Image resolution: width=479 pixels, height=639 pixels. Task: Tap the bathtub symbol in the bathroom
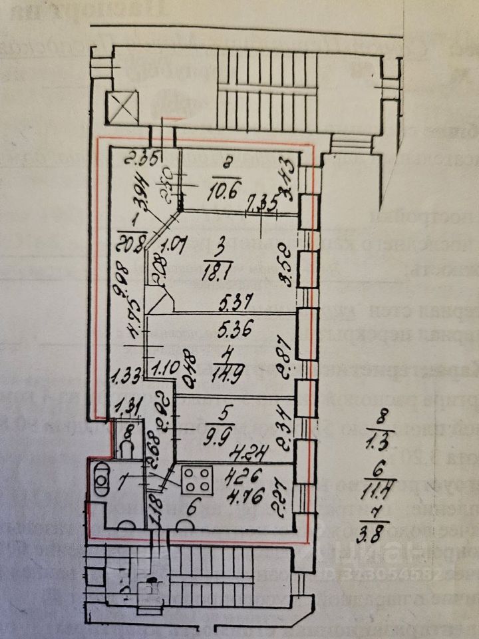[102, 480]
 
